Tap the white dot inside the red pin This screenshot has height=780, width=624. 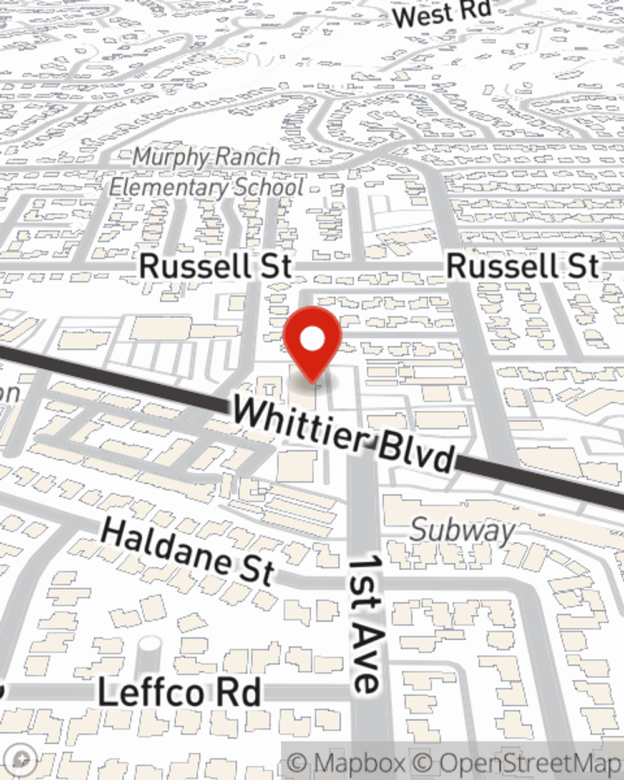point(313,339)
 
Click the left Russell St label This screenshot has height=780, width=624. point(215,266)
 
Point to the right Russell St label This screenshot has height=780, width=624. point(523,266)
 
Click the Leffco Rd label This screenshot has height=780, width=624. point(179,693)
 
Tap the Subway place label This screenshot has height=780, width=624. point(462,530)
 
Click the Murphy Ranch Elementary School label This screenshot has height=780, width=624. point(207,172)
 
